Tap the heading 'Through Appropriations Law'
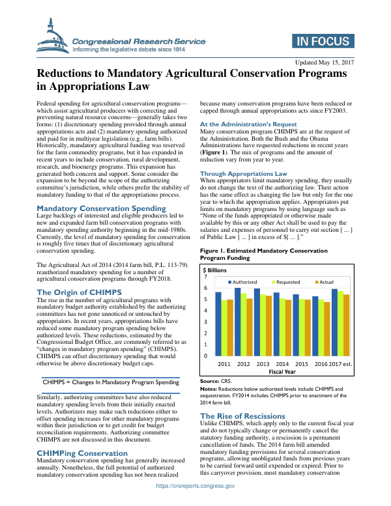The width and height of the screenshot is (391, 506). point(243,174)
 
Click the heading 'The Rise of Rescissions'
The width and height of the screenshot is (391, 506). point(242,415)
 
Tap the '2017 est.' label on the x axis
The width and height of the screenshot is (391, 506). point(341,363)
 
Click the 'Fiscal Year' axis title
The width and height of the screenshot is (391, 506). point(283,371)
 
